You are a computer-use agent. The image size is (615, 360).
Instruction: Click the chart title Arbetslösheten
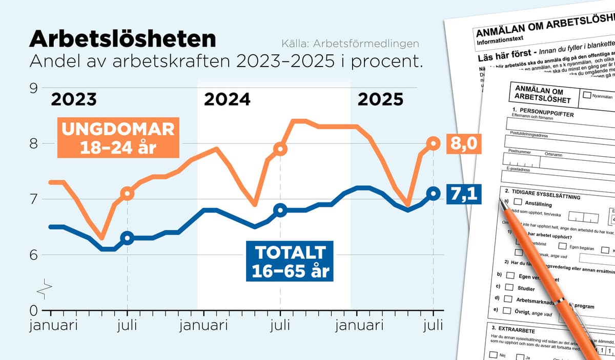point(122,40)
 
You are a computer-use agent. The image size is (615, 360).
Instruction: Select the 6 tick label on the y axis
point(33,255)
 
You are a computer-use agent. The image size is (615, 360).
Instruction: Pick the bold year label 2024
point(227,99)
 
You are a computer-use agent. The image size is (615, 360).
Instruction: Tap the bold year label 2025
point(380,99)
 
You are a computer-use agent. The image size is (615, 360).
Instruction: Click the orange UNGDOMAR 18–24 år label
point(118,138)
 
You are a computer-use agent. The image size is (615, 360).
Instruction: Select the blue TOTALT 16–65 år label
point(290,261)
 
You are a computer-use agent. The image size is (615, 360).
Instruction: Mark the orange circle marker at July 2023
point(127,194)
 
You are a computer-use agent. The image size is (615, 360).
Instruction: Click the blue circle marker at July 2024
point(280,210)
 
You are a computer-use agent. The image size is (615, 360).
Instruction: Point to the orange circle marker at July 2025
point(434,144)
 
